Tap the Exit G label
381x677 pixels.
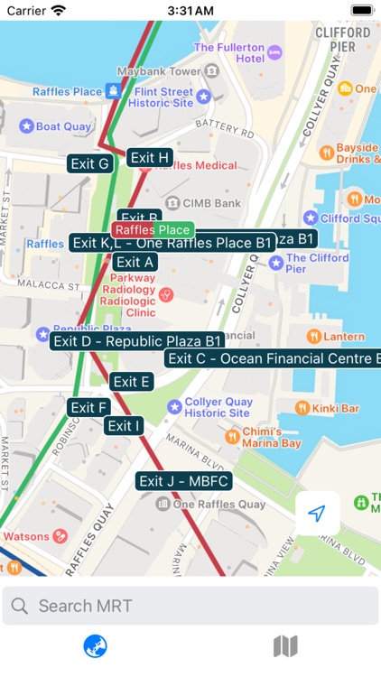90,163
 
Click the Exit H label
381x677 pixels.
150,158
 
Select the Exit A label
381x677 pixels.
135,262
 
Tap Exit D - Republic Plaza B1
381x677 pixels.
136,340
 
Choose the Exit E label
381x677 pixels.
132,382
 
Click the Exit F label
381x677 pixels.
89,407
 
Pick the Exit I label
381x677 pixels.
124,425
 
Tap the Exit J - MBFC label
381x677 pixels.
184,480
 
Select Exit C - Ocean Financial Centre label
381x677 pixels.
272,358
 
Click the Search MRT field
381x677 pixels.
190,606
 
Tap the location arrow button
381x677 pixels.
316,514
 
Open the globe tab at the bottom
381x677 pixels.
96,646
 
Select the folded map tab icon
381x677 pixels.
285,646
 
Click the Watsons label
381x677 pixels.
27,536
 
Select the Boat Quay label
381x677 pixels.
63,126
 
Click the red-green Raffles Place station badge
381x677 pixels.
153,230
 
